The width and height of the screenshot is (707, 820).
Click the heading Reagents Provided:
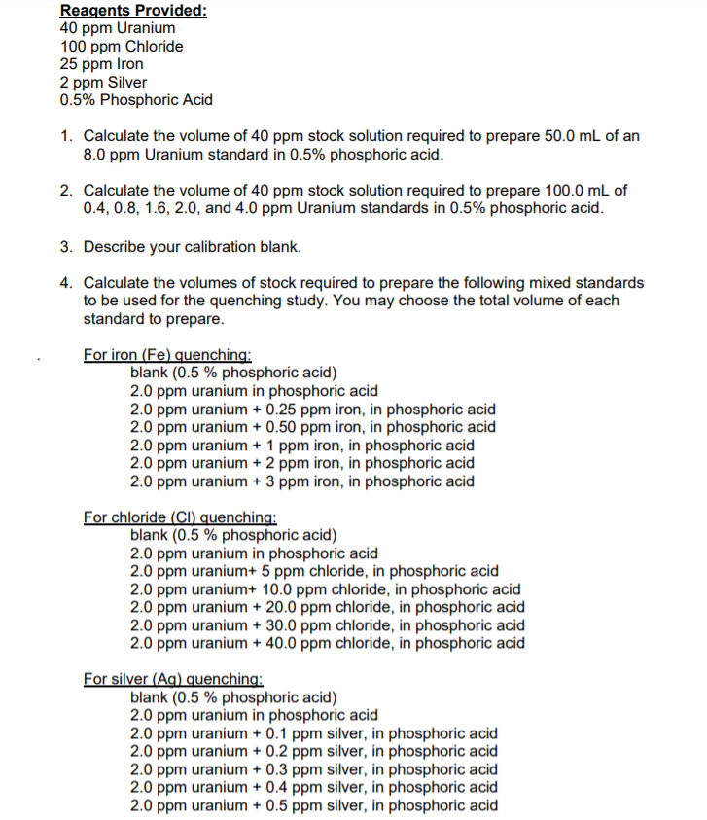(133, 11)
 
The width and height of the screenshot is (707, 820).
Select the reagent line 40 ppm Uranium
(118, 28)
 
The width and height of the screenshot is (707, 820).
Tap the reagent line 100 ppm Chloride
(122, 46)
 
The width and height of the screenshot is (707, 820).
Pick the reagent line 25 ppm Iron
(102, 63)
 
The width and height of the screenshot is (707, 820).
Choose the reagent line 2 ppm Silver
(104, 82)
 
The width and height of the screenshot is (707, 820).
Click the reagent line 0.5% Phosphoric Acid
(136, 99)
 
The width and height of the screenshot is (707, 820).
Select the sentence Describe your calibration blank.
(192, 246)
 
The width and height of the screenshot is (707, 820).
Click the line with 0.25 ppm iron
(312, 410)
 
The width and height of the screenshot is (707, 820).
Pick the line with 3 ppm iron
(302, 481)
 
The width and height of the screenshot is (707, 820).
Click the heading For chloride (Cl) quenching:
(181, 517)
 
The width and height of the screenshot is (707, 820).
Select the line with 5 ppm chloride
(314, 571)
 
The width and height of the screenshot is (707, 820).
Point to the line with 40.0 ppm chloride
(328, 643)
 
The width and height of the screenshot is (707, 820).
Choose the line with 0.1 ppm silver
(313, 733)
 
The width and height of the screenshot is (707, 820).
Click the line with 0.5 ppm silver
(313, 805)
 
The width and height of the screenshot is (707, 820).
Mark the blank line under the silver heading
(233, 697)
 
